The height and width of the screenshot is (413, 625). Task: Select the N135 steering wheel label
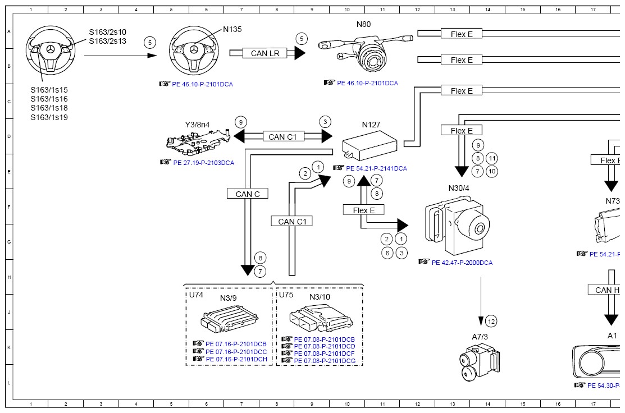click(232, 29)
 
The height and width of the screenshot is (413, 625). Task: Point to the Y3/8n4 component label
click(198, 125)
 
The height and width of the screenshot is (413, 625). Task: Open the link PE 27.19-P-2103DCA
click(203, 163)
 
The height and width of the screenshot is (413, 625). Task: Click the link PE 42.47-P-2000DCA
click(462, 262)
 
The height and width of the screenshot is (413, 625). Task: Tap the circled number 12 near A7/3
click(491, 322)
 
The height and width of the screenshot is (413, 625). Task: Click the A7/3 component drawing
click(477, 362)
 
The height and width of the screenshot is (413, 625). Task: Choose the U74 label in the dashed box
click(196, 295)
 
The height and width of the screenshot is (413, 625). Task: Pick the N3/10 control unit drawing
click(320, 320)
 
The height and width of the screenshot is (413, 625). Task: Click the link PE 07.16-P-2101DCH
click(236, 359)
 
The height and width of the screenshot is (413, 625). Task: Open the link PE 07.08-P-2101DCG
click(325, 361)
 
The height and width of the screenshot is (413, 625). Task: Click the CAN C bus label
click(248, 194)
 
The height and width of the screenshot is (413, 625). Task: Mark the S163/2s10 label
click(107, 32)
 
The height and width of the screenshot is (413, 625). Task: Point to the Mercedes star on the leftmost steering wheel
click(50, 49)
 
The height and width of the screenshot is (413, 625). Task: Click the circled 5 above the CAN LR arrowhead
click(302, 39)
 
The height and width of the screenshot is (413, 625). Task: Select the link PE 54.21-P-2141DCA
click(376, 168)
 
